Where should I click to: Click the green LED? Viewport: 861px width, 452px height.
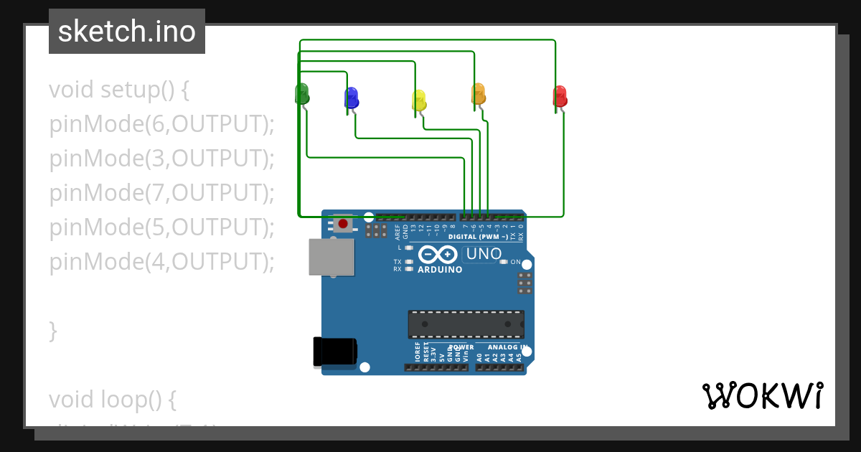pos(302,93)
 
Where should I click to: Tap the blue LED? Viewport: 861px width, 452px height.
pos(351,98)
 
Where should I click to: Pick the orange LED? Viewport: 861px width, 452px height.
pos(478,94)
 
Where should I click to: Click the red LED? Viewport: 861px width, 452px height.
pos(560,96)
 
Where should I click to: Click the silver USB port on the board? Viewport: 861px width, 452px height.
pos(331,257)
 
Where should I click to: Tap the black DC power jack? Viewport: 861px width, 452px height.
pos(334,352)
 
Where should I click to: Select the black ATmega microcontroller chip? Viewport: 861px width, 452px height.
pos(466,324)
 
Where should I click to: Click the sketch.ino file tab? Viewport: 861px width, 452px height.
pos(127,32)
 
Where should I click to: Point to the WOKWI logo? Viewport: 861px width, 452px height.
pos(763,395)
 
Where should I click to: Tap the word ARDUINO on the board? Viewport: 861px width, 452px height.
pos(440,270)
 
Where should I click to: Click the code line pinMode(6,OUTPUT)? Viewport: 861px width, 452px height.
pos(162,124)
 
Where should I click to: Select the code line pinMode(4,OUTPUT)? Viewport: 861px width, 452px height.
pos(162,262)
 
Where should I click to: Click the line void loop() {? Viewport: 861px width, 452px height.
pos(112,399)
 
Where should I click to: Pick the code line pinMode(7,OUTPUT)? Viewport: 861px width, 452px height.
pos(162,193)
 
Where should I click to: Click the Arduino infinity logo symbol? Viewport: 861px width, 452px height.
pos(438,255)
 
